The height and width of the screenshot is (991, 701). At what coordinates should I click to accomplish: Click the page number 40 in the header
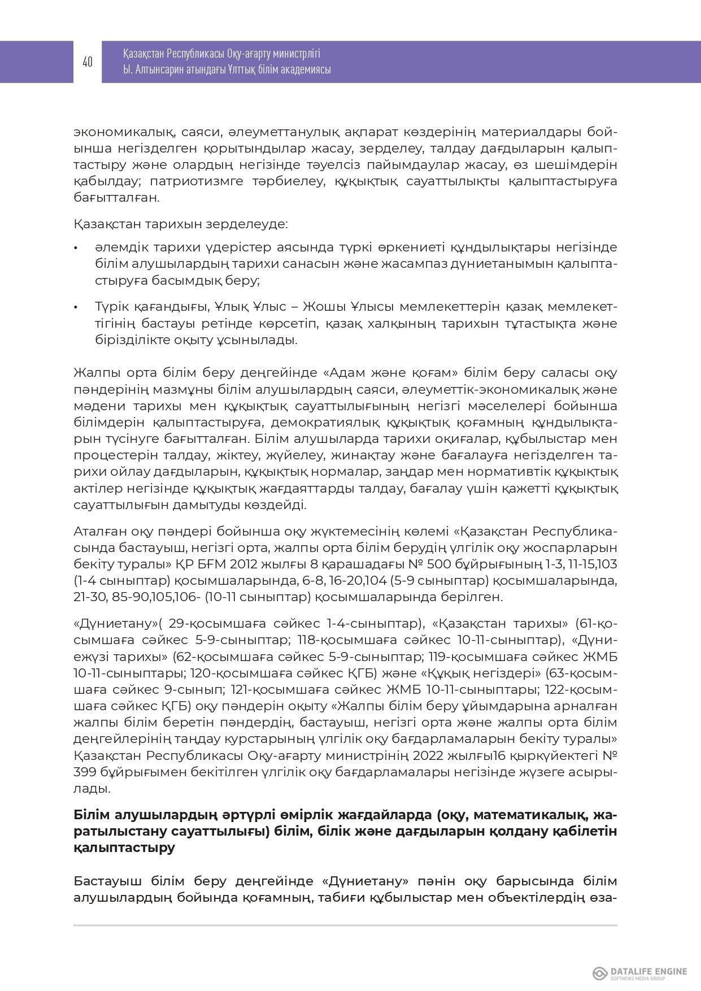[88, 62]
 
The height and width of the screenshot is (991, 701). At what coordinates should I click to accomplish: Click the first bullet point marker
[76, 248]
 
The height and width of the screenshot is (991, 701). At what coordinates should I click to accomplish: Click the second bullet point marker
[76, 307]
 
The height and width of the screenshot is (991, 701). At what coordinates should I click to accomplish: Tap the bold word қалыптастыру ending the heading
[124, 848]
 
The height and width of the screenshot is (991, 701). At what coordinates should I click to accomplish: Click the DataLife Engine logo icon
[599, 973]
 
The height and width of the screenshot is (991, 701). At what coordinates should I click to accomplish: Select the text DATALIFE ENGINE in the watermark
[649, 971]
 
